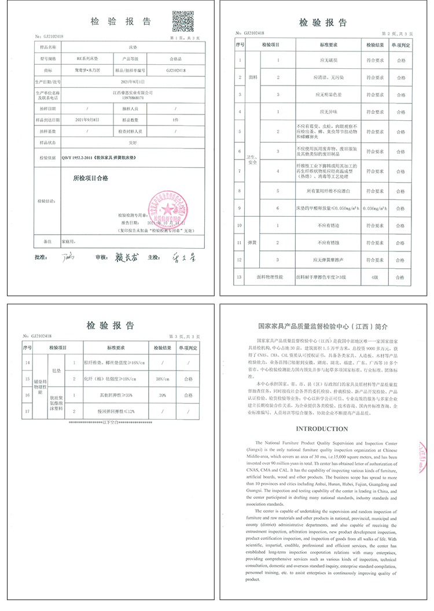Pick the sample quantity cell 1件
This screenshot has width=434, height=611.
[x=175, y=119]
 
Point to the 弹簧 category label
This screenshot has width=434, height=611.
[x=252, y=243]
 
